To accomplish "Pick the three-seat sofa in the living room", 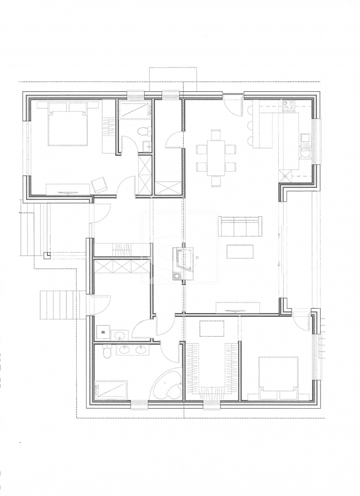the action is point(241,226).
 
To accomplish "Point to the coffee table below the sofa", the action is point(240,251).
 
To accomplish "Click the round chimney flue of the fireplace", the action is point(175,276).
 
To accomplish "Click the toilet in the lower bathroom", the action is point(107,352).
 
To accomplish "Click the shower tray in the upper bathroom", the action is point(135,110).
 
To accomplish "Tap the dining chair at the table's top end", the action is point(216,135).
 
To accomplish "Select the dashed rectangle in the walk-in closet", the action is point(212,328).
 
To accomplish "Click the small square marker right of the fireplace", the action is point(197,257).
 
